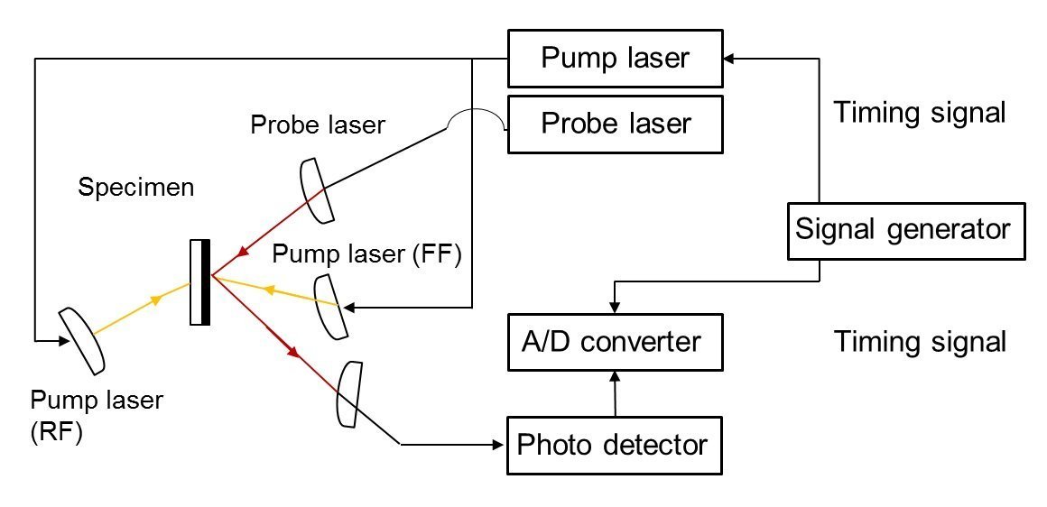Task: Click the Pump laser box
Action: (615, 59)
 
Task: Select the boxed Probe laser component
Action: (615, 123)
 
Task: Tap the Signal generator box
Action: (903, 229)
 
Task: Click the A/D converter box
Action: (615, 342)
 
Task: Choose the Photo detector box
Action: (615, 445)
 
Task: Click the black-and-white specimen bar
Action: (200, 281)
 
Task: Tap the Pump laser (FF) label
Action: (367, 255)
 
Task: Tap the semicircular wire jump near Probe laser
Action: (477, 121)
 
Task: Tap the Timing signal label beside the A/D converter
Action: (919, 343)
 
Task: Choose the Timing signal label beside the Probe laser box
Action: (919, 113)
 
